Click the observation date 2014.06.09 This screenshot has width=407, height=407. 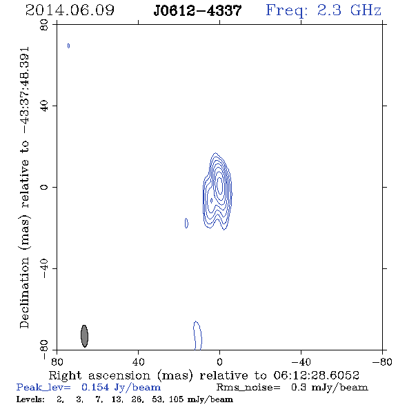tap(70, 10)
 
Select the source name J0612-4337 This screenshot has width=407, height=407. tap(197, 10)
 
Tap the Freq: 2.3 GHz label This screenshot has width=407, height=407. tap(324, 11)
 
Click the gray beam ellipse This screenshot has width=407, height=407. tap(84, 336)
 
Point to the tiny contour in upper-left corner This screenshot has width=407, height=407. tap(68, 46)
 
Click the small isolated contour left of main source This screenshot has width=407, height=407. tap(186, 224)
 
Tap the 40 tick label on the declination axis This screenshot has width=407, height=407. tap(44, 106)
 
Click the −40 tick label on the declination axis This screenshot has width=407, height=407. tap(44, 268)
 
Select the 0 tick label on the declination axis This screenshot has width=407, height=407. tap(44, 187)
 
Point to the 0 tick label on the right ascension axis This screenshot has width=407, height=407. tap(219, 362)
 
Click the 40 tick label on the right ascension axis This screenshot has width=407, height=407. tap(138, 362)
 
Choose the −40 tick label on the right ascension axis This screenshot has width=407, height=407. tap(301, 362)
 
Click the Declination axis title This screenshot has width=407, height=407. tap(24, 188)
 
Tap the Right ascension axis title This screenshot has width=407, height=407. tap(203, 375)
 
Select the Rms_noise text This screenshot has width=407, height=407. tap(248, 388)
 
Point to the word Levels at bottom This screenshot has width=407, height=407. tap(30, 399)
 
